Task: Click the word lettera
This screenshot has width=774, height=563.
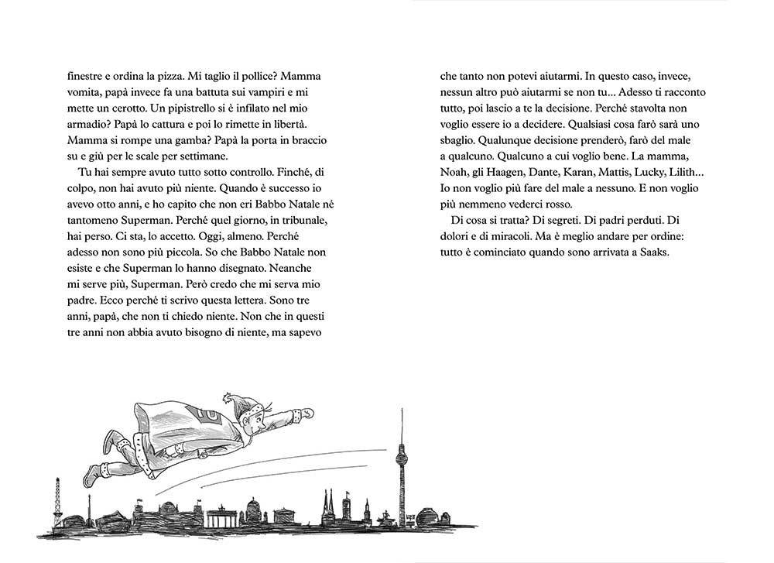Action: [x=237, y=300]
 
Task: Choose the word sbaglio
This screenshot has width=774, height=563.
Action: [x=460, y=141]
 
